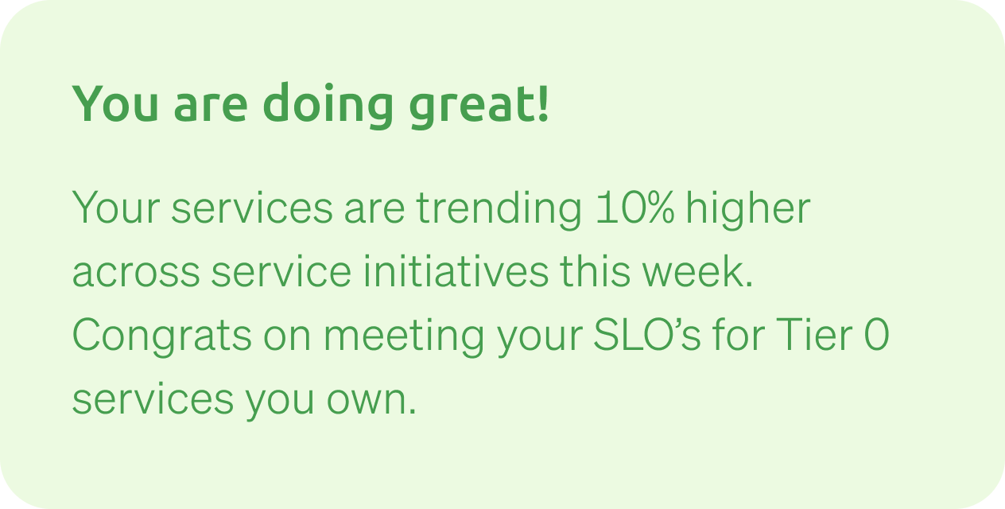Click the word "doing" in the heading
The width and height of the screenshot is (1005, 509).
(328, 105)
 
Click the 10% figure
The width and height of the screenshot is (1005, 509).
(634, 207)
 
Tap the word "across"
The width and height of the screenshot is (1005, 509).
(136, 273)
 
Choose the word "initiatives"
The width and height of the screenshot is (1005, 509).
(456, 270)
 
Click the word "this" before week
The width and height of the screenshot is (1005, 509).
(596, 270)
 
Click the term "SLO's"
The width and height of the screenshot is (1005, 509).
(646, 334)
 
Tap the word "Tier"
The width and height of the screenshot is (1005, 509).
(814, 334)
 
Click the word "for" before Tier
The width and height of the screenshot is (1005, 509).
(739, 334)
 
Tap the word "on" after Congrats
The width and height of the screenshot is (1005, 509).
(287, 336)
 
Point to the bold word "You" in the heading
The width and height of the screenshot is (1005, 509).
(115, 103)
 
